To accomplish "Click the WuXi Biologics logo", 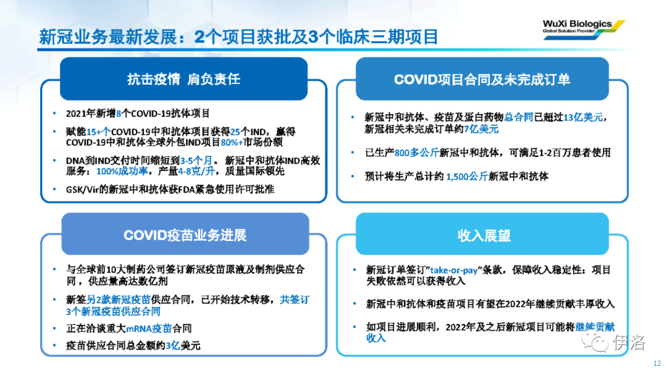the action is (x=584, y=30).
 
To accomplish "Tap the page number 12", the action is (x=657, y=363).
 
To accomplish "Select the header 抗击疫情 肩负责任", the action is (x=184, y=79).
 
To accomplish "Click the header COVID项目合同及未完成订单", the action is (x=482, y=80).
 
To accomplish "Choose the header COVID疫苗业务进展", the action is (x=185, y=235).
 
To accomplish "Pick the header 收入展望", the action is (x=484, y=235).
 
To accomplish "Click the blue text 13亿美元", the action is (x=583, y=117).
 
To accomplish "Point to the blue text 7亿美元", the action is (x=481, y=129).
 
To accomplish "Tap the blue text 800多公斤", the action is (x=416, y=153).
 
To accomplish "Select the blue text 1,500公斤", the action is (x=467, y=176).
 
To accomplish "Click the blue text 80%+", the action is (x=232, y=142).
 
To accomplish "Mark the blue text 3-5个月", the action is (x=196, y=161).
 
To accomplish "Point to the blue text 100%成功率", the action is (x=122, y=171).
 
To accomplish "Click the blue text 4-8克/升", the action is (x=196, y=171).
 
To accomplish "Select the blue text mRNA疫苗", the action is (x=149, y=329).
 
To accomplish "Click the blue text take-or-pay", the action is (x=454, y=270).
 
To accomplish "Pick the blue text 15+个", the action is (x=99, y=132).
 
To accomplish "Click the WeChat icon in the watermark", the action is (x=595, y=342).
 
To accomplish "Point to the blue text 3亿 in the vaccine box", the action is (x=173, y=345).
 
